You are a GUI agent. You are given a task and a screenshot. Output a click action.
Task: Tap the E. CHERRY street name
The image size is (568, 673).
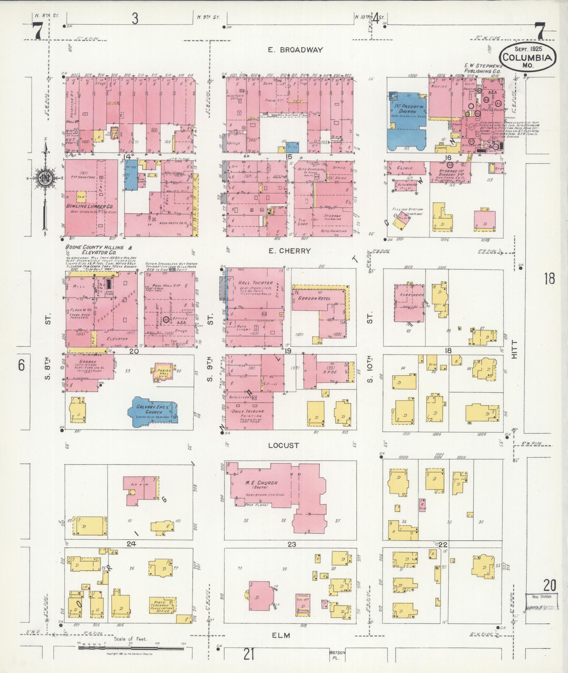tap(289, 251)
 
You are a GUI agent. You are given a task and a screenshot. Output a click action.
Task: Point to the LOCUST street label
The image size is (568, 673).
tap(283, 445)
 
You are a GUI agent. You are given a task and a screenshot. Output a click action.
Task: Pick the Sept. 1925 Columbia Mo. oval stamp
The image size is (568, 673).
tap(527, 57)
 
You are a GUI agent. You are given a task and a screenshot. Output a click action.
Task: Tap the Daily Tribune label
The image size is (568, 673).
tap(247, 411)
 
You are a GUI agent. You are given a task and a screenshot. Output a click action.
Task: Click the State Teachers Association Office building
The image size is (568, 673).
tap(162, 605)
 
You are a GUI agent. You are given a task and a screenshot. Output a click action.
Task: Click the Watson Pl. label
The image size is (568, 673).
tap(337, 654)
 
